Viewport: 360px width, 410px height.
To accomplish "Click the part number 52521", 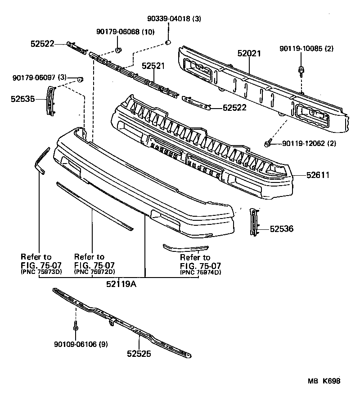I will [153, 66].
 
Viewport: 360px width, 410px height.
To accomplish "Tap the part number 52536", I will [282, 229].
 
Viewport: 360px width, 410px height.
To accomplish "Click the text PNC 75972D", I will [94, 272].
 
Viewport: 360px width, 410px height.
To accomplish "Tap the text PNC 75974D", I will [200, 272].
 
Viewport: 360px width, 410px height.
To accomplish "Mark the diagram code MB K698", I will [324, 381].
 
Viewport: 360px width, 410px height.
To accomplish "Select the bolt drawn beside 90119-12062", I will [268, 144].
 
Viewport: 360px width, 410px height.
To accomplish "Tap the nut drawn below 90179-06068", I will [118, 49].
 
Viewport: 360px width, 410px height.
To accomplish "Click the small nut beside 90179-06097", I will [80, 80].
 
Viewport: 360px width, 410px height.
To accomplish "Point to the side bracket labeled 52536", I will [255, 222].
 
